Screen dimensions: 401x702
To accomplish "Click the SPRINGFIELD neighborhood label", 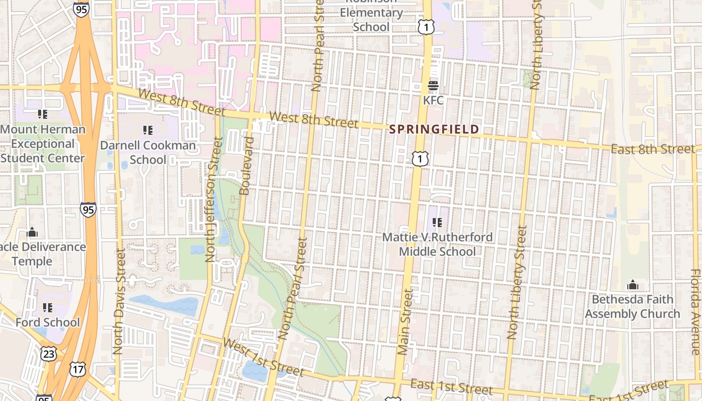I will pos(434,129).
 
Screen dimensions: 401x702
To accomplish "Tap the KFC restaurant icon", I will pos(433,86).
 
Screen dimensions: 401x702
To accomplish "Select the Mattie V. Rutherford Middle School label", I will pos(437,244).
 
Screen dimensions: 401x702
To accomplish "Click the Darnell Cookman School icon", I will pos(147,130).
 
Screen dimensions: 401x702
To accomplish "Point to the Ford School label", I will pos(48,322).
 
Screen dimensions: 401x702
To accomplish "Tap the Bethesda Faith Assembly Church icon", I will pos(633,285).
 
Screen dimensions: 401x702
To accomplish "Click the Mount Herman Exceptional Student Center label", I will pos(43,144).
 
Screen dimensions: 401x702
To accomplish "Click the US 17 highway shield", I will pos(78,369).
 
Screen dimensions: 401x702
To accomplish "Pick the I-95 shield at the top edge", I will pos(81,9).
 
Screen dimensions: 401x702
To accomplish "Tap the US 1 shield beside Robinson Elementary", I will pos(426,28).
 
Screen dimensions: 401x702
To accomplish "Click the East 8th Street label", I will pos(653,149).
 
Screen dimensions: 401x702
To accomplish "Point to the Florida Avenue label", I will pos(696,312).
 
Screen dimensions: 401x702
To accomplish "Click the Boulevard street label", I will pos(245,165).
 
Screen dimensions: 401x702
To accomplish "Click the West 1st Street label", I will pos(263,357).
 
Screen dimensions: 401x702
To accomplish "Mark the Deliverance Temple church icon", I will pos(32,232).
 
